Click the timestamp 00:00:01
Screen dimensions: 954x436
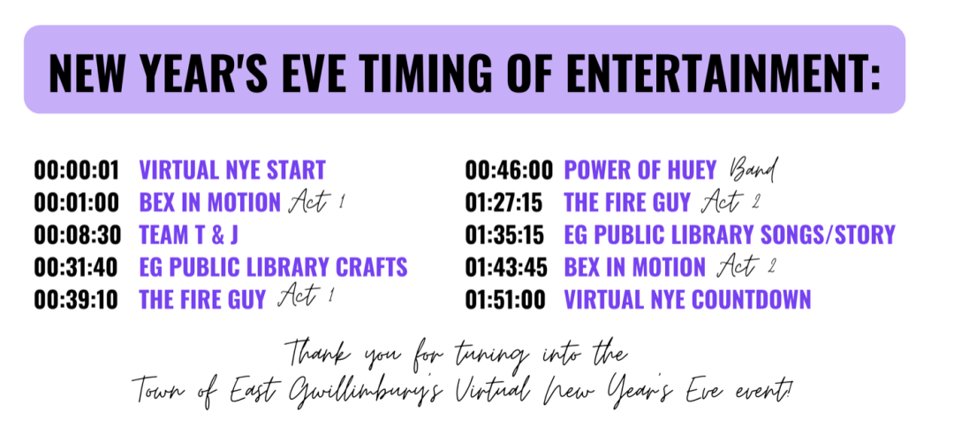point(77,170)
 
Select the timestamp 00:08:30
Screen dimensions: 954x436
point(77,234)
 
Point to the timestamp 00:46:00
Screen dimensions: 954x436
point(510,170)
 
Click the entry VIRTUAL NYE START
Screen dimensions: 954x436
point(232,170)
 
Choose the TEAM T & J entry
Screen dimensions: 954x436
point(189,234)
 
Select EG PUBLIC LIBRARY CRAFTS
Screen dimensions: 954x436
point(273,267)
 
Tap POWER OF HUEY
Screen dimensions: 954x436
point(640,170)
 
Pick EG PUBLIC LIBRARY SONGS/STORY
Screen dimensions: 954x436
point(730,234)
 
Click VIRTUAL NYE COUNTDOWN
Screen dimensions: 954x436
point(687,299)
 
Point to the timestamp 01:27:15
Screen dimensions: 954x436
point(503,203)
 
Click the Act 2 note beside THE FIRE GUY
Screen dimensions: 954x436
point(731,202)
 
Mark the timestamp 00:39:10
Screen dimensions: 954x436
point(76,299)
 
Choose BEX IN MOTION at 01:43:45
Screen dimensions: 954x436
point(635,267)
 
